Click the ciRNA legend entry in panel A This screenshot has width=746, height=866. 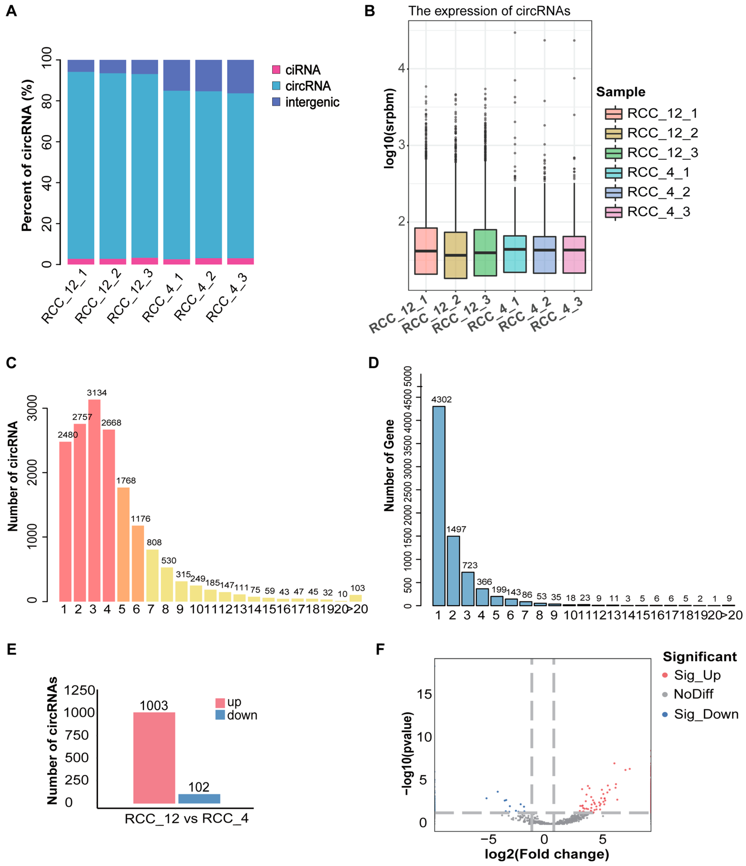pyautogui.click(x=296, y=70)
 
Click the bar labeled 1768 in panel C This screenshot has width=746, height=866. pyautogui.click(x=123, y=544)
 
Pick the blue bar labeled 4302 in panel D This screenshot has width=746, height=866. pyautogui.click(x=439, y=506)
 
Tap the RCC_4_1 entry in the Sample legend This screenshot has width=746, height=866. pyautogui.click(x=647, y=172)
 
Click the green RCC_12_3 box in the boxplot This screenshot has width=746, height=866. pyautogui.click(x=485, y=253)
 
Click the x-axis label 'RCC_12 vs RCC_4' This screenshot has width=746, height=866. pyautogui.click(x=187, y=818)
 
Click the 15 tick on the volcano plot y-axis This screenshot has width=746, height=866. pyautogui.click(x=424, y=694)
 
